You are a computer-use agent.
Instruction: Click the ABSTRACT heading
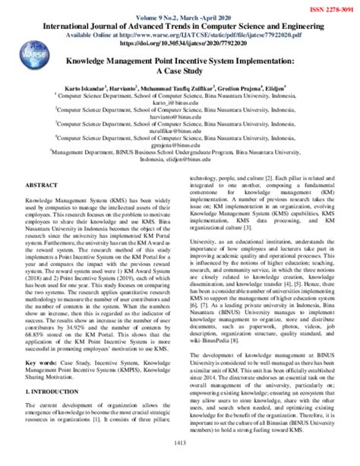click(33, 183)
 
